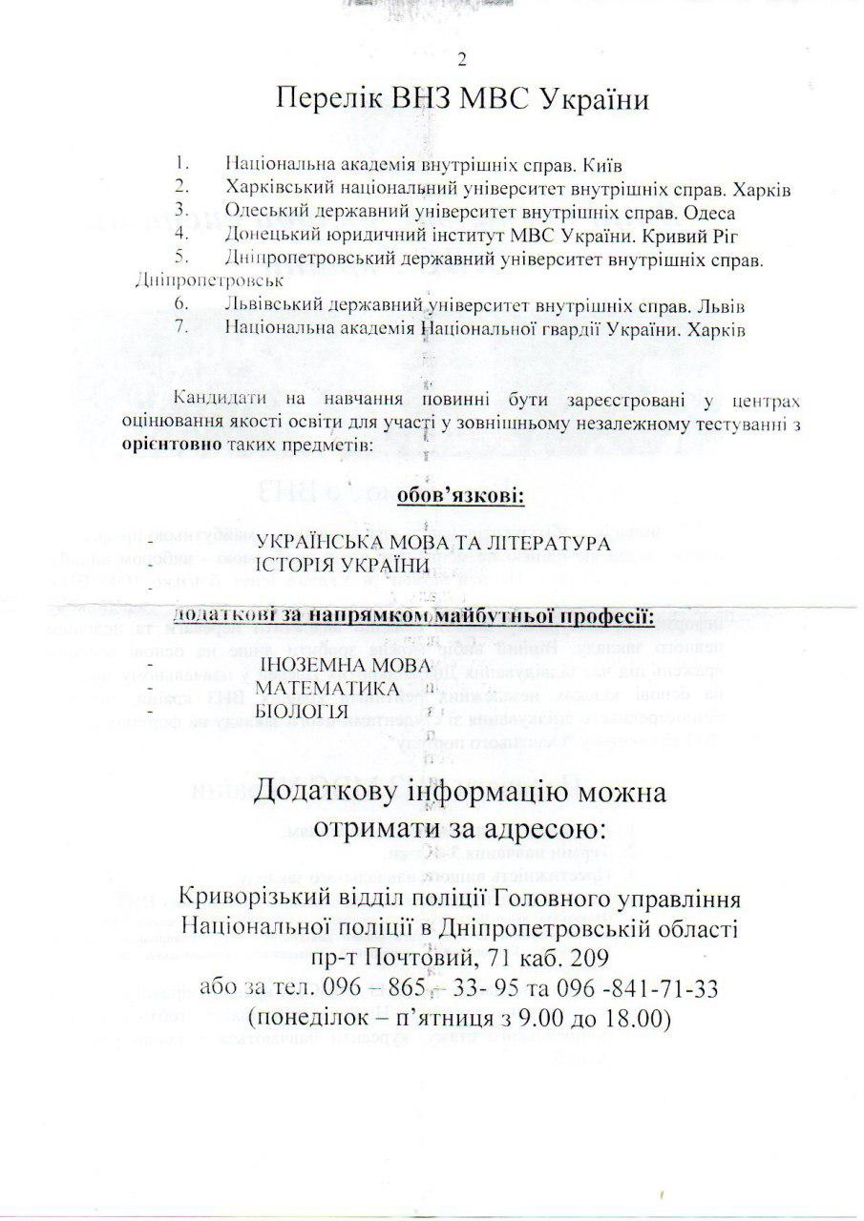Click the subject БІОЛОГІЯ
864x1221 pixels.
pyautogui.click(x=301, y=712)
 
